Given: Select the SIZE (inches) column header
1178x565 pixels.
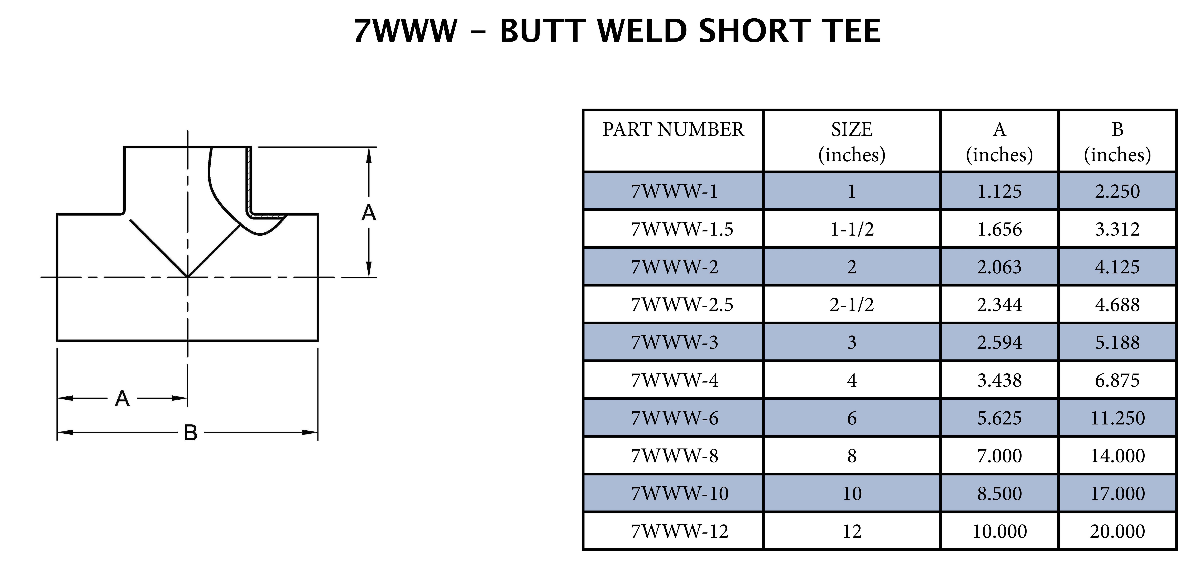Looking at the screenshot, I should (852, 142).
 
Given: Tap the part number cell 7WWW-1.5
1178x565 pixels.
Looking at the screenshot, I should (681, 229).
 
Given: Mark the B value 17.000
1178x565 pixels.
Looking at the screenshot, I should (1117, 494).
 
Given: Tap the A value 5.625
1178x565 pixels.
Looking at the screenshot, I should (999, 418).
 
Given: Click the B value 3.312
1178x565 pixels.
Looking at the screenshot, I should (1117, 229).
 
